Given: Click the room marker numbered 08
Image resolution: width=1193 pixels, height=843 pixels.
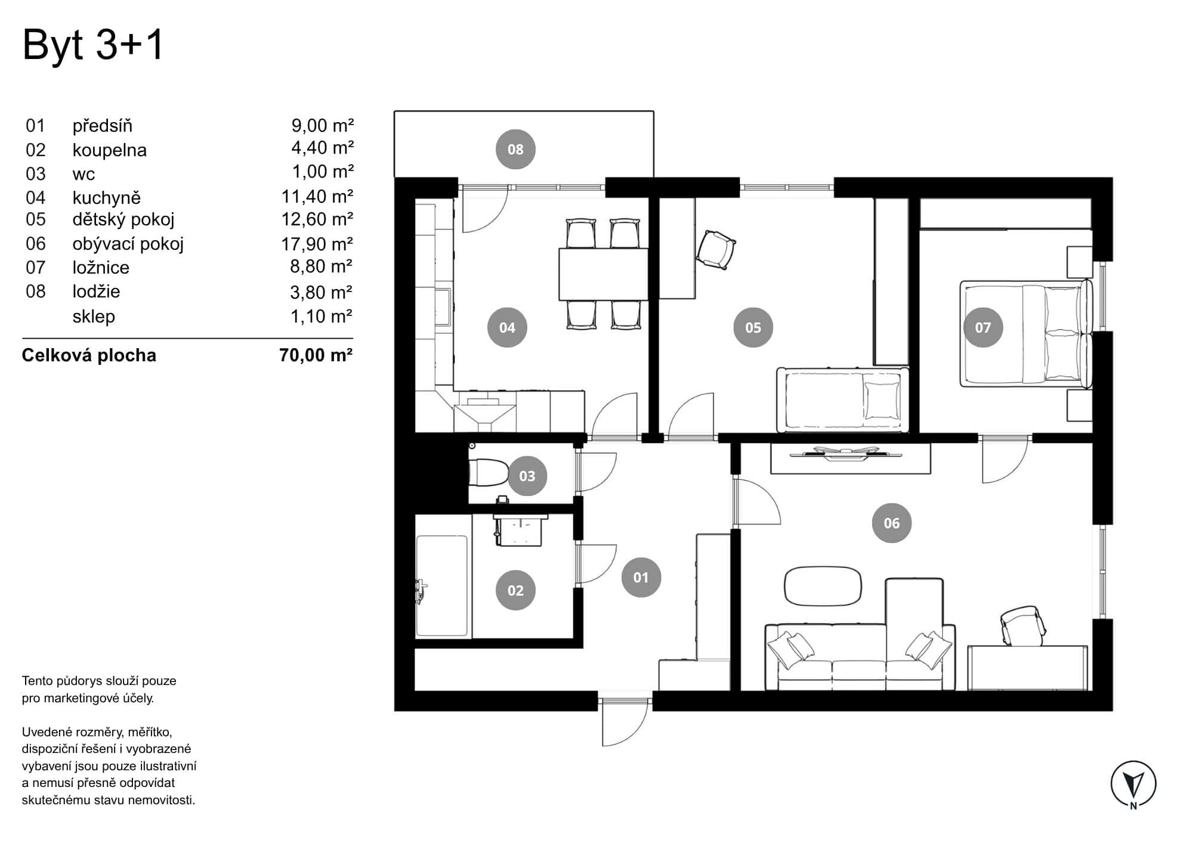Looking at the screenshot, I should point(515,149).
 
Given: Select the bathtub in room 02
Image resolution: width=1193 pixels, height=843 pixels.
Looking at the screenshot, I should point(441,586).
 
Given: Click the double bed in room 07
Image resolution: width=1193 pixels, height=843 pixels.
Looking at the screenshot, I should point(1025,334).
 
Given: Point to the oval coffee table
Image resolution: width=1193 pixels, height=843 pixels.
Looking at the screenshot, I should point(823,585).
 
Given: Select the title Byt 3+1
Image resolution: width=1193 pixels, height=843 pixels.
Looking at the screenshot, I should point(93,45).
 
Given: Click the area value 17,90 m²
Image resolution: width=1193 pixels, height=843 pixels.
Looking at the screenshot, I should point(317,244).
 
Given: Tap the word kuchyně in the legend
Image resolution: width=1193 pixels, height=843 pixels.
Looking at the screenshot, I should point(107,197).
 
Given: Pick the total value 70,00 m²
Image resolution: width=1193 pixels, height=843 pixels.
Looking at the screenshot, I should point(316,355).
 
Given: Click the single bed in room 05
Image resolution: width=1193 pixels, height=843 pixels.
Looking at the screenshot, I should point(842,399).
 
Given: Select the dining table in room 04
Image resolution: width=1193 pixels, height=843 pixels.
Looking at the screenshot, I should point(603,274).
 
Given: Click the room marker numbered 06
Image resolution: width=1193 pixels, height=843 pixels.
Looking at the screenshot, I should point(891,523).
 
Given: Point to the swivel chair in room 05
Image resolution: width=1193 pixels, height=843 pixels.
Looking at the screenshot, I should point(716,249).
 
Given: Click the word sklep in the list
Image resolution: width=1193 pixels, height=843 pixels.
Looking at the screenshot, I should point(94,317).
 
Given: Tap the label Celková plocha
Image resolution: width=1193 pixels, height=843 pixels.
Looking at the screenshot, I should point(89,355).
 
